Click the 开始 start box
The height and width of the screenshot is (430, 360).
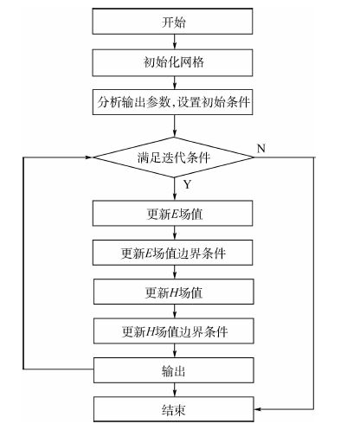(x=172, y=22)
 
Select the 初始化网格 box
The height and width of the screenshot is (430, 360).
(x=172, y=62)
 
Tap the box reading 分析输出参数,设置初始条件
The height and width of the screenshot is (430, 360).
(x=172, y=102)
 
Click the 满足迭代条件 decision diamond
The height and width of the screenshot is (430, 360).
(x=174, y=157)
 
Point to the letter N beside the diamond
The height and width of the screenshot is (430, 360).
(x=260, y=148)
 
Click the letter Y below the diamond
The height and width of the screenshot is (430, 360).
(x=188, y=184)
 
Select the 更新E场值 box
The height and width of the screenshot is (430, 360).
(x=172, y=214)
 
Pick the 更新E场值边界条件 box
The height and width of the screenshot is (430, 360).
(x=172, y=253)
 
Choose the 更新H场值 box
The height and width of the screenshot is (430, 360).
(x=174, y=292)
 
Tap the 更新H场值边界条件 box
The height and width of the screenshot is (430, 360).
(x=174, y=331)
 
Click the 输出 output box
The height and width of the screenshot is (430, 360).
(x=174, y=370)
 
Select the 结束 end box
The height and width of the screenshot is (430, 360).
(x=174, y=409)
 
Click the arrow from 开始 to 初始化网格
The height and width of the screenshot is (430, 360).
(x=175, y=42)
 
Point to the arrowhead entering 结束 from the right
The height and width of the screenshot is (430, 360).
(x=257, y=409)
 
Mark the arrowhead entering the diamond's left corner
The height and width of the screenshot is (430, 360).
(x=89, y=157)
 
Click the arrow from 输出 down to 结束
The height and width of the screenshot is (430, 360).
(x=175, y=389)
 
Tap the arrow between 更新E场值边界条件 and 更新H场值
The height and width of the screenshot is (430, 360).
(x=175, y=272)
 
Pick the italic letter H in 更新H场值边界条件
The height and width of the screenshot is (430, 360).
(x=151, y=331)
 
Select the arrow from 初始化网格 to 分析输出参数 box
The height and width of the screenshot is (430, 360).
(x=175, y=83)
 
